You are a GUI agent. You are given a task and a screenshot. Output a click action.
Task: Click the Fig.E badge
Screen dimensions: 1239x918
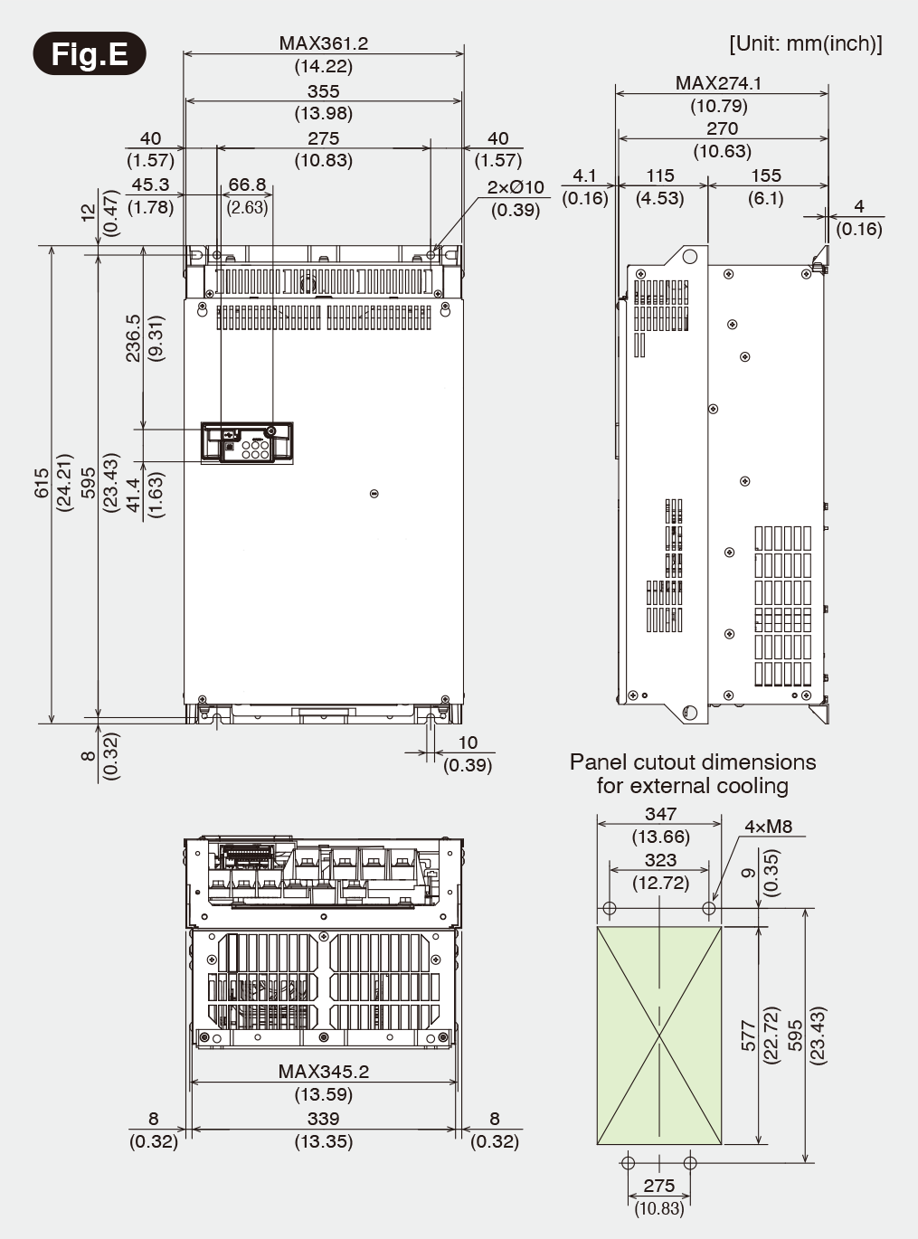(90, 54)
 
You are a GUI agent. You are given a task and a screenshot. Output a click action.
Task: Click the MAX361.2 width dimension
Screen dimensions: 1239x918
(323, 43)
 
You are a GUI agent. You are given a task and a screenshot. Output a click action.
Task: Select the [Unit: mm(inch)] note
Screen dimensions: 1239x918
(805, 43)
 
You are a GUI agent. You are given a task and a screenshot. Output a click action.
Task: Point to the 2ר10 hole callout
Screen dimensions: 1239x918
(516, 187)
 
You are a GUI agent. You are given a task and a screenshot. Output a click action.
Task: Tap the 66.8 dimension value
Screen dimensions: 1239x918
(247, 184)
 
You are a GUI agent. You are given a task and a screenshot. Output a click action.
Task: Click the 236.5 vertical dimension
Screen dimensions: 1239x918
(133, 338)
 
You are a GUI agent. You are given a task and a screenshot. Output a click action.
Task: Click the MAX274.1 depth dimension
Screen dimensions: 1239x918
(718, 83)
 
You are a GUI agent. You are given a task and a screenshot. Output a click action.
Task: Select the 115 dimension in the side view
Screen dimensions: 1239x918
(660, 175)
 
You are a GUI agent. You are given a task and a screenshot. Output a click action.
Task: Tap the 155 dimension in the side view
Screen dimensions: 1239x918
(766, 175)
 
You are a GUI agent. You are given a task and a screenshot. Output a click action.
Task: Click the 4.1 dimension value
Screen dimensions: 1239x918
(585, 175)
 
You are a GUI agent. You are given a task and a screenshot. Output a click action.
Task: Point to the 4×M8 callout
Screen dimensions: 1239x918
(768, 826)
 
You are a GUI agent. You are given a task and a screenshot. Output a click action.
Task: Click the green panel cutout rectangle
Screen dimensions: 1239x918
(659, 1035)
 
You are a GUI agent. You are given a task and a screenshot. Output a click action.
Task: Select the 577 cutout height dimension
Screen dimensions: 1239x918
(748, 1036)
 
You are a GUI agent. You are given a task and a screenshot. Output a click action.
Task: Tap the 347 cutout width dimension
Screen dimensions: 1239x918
(660, 814)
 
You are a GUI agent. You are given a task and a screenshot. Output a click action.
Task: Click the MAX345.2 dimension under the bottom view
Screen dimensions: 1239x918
(323, 1072)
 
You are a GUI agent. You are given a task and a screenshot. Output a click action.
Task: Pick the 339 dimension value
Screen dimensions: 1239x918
(323, 1119)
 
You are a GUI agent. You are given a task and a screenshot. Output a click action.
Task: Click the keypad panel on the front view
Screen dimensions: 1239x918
(246, 442)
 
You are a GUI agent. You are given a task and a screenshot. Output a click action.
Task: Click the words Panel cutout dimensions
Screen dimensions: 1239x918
(692, 762)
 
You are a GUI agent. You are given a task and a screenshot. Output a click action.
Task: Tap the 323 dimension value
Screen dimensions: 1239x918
(660, 861)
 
